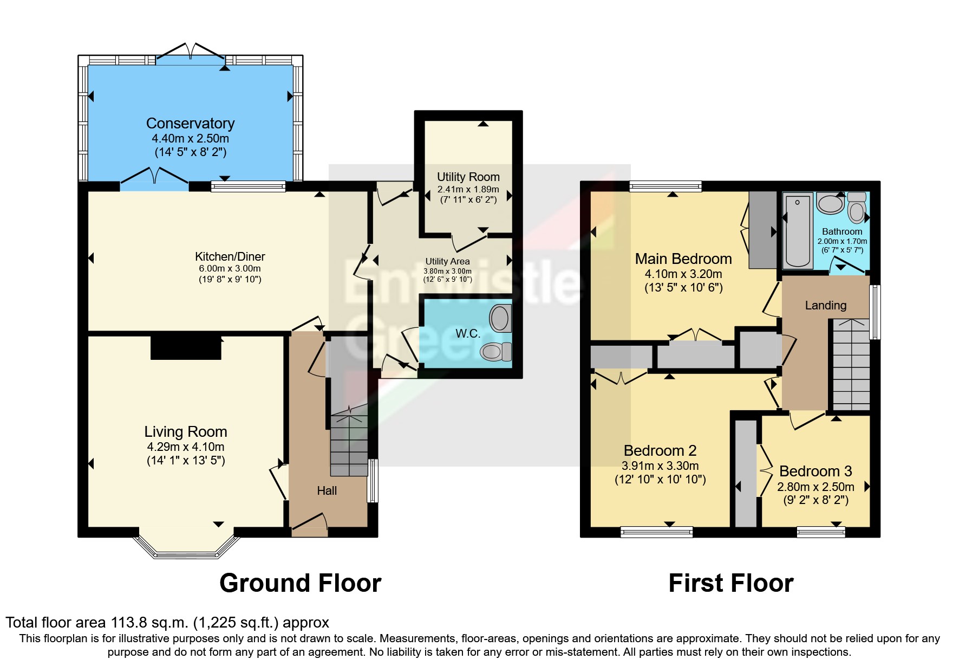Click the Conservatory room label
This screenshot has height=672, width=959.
(190, 124)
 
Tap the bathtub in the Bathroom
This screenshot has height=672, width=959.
(798, 231)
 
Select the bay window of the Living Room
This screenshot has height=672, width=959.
(186, 547)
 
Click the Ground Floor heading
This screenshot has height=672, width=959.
(301, 583)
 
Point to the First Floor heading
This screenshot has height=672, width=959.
(731, 583)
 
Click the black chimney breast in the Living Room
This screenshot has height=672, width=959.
(186, 347)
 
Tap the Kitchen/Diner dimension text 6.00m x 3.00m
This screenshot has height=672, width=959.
(230, 268)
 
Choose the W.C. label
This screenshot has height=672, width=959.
(468, 333)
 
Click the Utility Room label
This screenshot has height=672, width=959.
(468, 177)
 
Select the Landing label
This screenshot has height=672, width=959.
(826, 305)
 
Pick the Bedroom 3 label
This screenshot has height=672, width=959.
(816, 471)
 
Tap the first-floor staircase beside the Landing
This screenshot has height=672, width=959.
(851, 364)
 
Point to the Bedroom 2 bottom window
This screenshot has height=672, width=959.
(657, 532)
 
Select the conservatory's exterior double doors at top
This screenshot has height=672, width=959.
(191, 52)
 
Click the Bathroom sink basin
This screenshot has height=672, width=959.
(830, 203)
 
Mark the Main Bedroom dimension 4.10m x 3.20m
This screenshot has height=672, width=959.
(683, 274)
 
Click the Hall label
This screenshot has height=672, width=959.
(327, 490)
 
